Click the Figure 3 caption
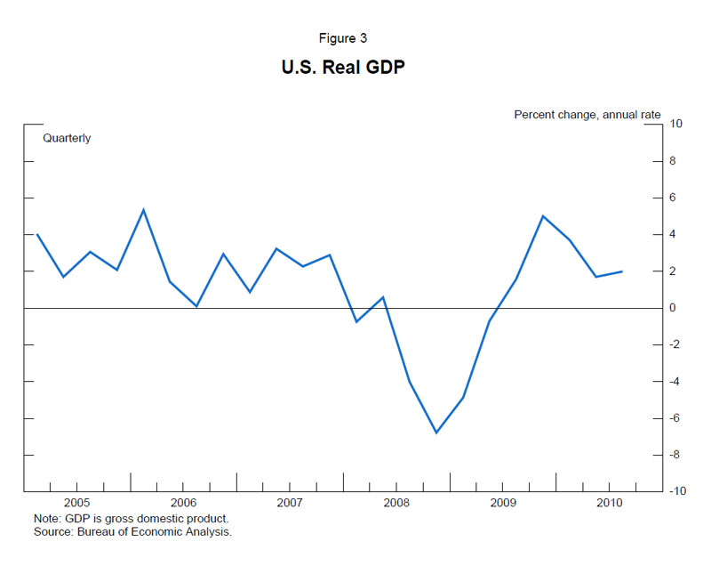tap(355, 38)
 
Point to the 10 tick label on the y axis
tap(676, 124)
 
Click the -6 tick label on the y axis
tap(675, 418)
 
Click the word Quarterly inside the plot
tap(67, 138)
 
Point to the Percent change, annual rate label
tap(587, 115)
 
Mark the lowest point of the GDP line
tap(436, 433)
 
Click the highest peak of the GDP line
tap(144, 210)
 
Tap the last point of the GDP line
tap(621, 271)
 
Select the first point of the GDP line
tap(36, 234)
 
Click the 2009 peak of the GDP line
tap(543, 216)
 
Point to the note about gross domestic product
tap(131, 519)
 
